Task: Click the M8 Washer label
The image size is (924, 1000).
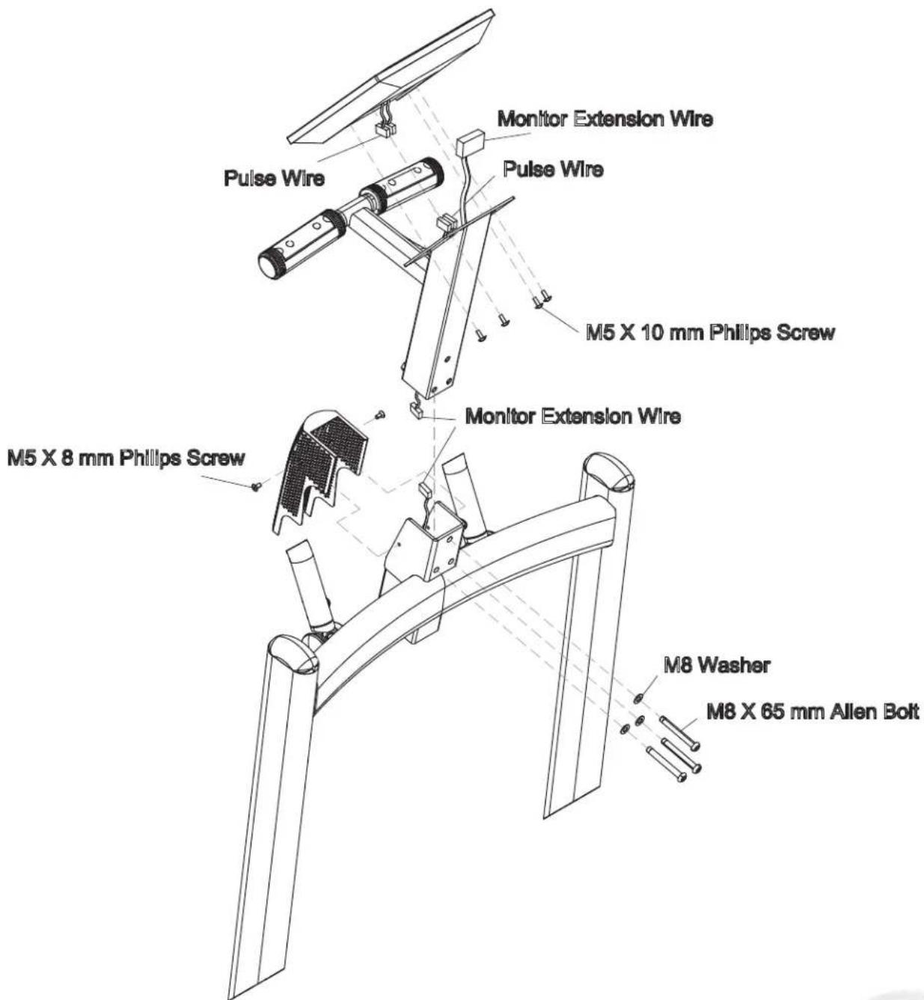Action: coord(717,666)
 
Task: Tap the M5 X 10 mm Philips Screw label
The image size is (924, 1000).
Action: coord(710,333)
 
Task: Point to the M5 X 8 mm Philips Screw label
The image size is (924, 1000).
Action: coord(126,458)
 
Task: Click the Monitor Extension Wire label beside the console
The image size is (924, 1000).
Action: coord(605,119)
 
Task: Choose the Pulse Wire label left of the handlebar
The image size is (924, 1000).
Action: coord(274,178)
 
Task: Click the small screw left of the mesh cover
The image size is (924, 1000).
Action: coord(257,486)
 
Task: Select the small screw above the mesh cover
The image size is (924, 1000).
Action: coord(380,415)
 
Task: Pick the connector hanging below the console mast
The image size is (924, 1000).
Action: coord(416,411)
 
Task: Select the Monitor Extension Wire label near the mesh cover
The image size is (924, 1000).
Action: coord(573,417)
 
